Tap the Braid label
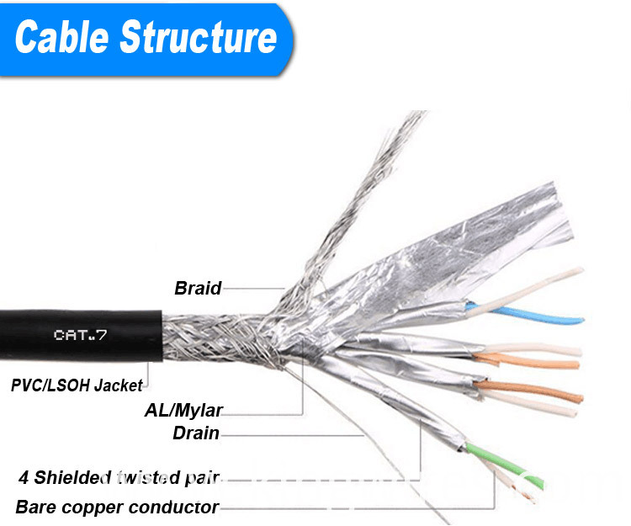pos(198,289)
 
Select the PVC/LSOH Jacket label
pos(77,386)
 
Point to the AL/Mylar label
pos(183,412)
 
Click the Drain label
pos(195,434)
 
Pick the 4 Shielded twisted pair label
pos(119,479)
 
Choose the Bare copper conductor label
pos(117,507)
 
